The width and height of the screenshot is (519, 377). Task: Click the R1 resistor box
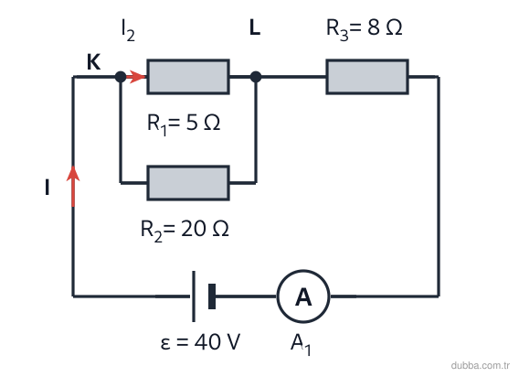(x=188, y=77)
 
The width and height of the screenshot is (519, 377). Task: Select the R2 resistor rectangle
(x=188, y=183)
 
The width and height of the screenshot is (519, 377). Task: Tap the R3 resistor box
(x=367, y=77)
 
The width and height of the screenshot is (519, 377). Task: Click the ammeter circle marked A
(x=303, y=296)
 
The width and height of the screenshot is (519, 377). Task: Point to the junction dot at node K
(x=121, y=77)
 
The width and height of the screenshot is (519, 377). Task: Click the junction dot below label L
(x=256, y=77)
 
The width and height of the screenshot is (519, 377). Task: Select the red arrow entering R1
(x=136, y=77)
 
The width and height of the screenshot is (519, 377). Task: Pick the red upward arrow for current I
(x=73, y=186)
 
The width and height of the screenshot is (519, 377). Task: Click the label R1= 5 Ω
(x=184, y=124)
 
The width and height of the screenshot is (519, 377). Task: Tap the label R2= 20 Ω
(x=185, y=230)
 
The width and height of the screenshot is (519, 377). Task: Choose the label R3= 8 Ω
(x=364, y=29)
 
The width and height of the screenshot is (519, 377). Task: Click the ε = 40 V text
(x=200, y=342)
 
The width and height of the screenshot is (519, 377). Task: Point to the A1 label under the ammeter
(x=301, y=344)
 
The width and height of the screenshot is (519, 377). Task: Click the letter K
(x=94, y=61)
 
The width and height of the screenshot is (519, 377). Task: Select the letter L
(x=255, y=27)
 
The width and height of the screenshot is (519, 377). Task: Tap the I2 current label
(x=129, y=30)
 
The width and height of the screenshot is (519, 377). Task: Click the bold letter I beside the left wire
(x=47, y=187)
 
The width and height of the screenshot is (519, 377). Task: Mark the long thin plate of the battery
(x=194, y=296)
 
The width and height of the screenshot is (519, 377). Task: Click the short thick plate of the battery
(x=212, y=296)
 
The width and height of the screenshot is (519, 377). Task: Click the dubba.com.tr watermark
(x=480, y=365)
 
